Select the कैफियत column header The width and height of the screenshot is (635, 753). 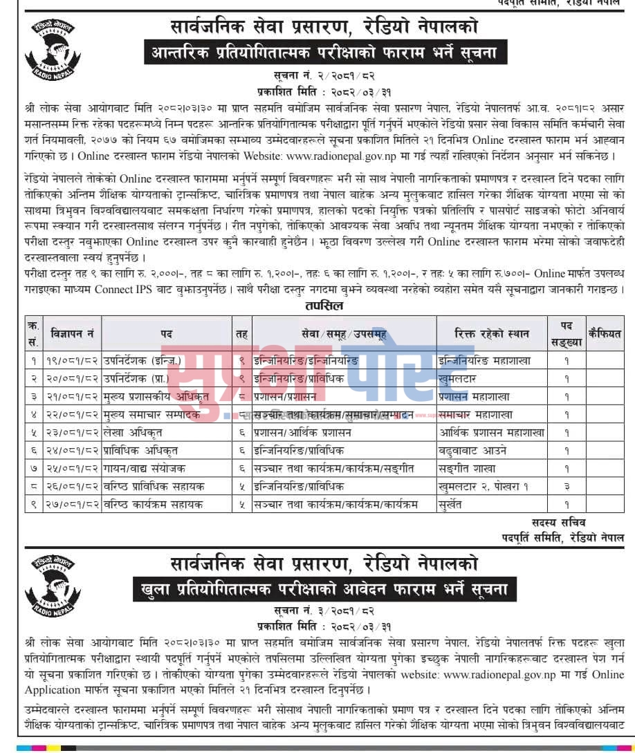click(605, 333)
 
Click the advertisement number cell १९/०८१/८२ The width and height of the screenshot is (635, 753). click(73, 360)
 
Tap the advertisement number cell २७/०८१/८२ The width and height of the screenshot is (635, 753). click(73, 505)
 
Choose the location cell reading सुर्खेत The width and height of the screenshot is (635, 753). click(454, 505)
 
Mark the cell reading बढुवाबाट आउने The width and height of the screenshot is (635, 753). click(472, 451)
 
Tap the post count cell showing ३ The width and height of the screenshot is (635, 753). click(567, 487)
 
